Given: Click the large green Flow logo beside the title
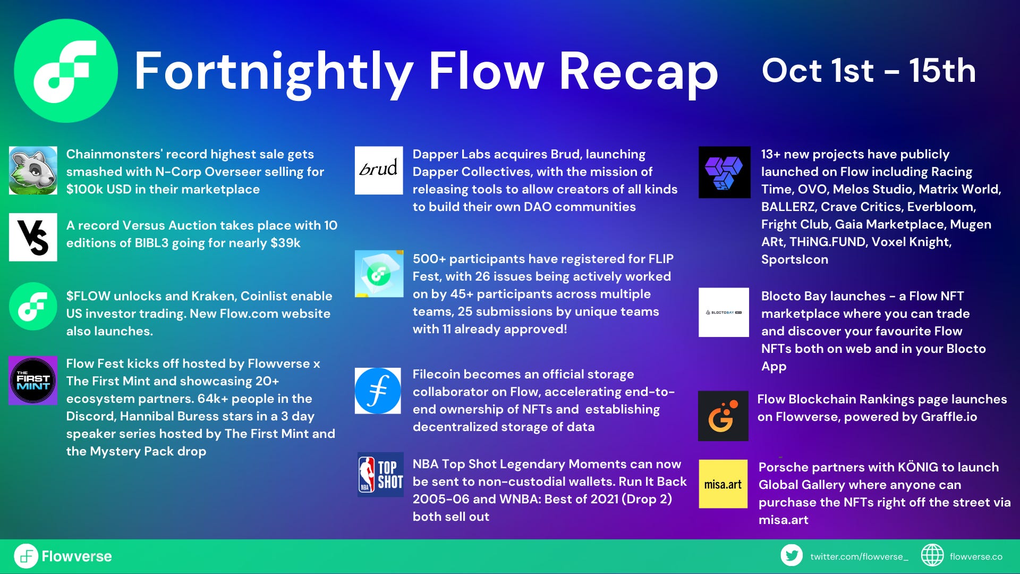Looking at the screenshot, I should point(65,71).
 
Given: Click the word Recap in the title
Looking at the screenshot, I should point(638,72).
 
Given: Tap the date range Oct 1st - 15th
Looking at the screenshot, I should point(869,71).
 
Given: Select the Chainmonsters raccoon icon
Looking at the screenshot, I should point(33,171).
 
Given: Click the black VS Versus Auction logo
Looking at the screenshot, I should point(33,237).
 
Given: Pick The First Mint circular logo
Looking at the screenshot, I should point(33,381).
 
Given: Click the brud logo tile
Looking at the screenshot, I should point(379,170).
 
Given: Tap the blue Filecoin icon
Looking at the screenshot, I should point(378,391).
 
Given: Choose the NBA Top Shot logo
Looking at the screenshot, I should point(380,475).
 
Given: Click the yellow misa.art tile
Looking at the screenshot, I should point(722,484).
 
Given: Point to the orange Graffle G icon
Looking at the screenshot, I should point(722,416).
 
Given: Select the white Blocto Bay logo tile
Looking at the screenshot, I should point(723,313).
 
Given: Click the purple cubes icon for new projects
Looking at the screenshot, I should point(724,172).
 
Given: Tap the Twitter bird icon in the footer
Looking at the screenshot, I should point(792,555).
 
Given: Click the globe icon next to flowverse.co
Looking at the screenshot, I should point(932,555).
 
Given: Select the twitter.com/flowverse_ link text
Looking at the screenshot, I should point(859,556).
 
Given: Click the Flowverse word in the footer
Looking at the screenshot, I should point(76,556).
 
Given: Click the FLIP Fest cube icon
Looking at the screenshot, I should point(379,274).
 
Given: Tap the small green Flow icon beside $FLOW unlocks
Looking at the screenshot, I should point(33,307).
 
